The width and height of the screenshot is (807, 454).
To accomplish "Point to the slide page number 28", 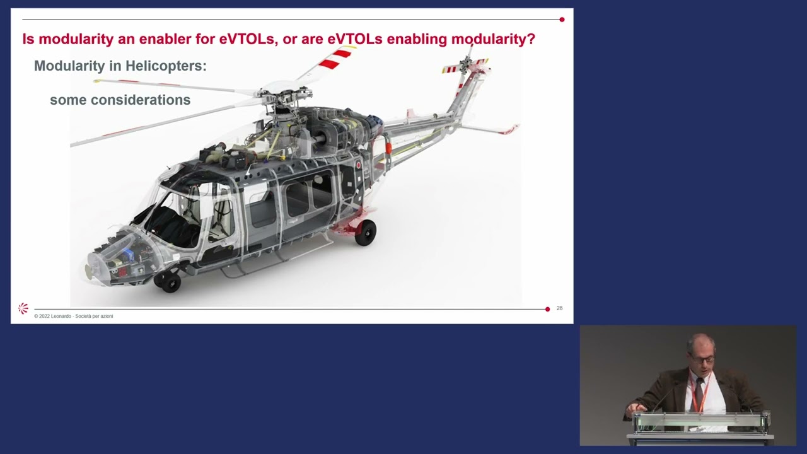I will coord(559,308).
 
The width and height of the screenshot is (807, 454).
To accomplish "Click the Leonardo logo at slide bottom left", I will coord(23,308).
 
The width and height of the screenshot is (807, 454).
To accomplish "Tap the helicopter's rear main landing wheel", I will coord(365,232).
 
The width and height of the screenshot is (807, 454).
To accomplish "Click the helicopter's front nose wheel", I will coord(170,281).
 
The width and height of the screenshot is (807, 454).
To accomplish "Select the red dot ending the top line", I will coord(562,20).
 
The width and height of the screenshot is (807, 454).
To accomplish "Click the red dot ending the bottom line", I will coord(547,309).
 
